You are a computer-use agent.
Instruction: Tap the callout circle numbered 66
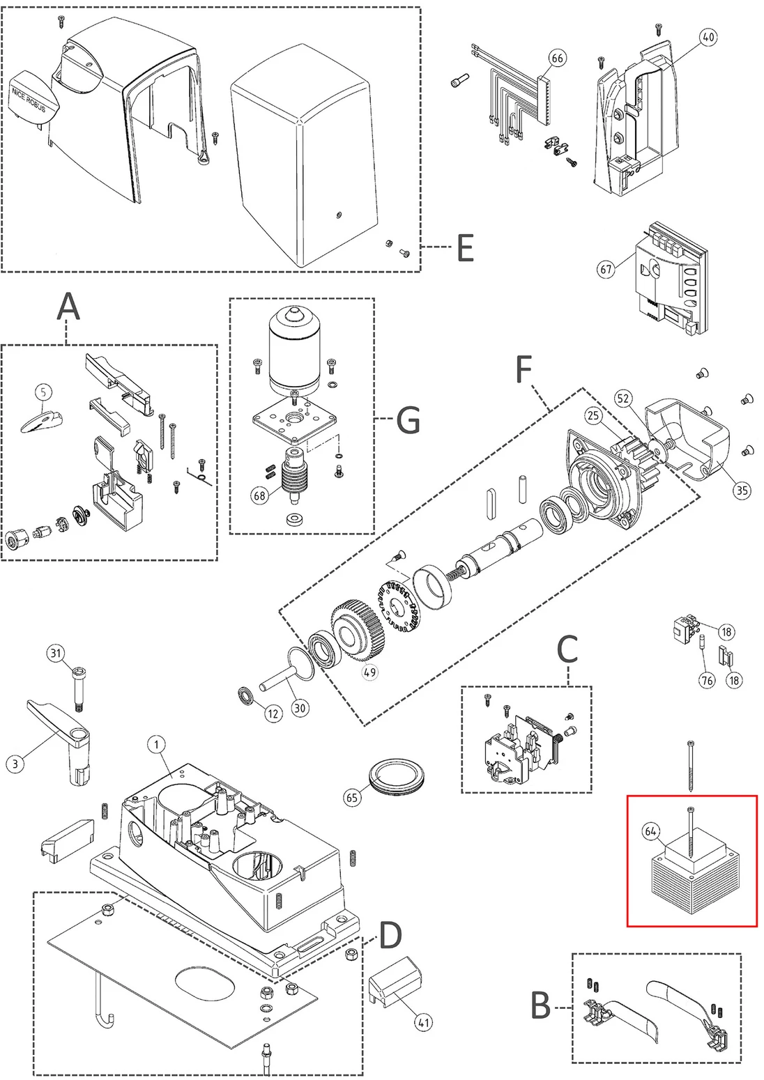557,59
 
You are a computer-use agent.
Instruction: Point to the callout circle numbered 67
606,269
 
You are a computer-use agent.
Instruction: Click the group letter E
465,248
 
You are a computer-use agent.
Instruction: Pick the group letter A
68,307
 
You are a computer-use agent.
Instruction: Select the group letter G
408,419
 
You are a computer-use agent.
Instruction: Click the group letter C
567,649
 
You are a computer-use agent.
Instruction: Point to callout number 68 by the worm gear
260,495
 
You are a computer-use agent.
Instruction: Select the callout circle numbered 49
370,672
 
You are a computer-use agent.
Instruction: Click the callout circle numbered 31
56,654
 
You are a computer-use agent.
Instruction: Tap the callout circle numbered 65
352,798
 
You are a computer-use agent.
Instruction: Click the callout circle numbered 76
707,680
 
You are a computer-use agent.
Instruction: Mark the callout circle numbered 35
742,491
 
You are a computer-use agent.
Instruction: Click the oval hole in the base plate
206,983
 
